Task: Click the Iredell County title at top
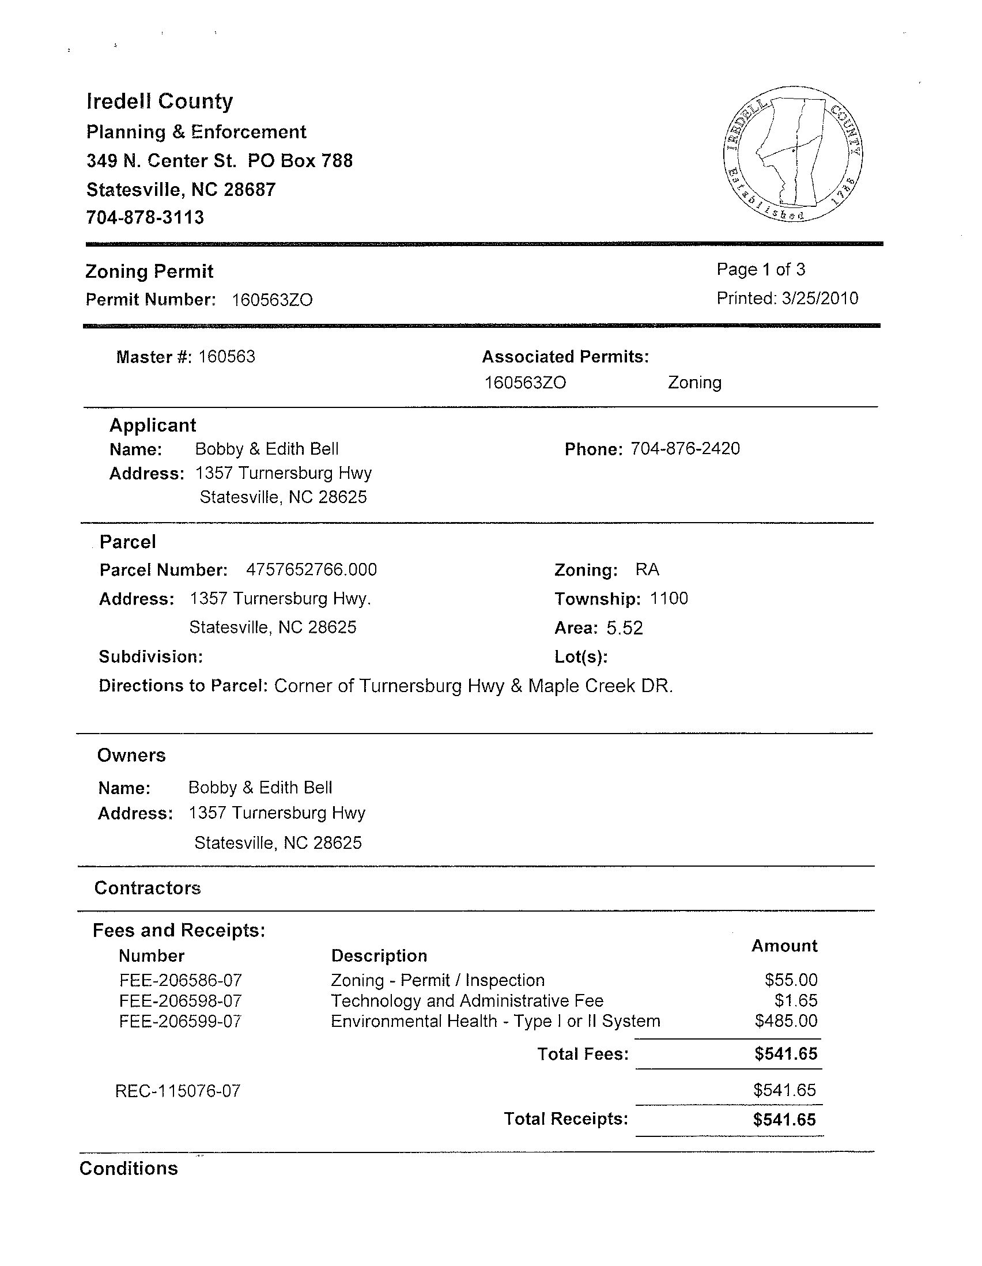click(x=160, y=101)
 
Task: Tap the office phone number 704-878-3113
click(x=145, y=218)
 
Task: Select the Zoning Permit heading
click(x=150, y=271)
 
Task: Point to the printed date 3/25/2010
click(x=819, y=298)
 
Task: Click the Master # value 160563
click(x=226, y=357)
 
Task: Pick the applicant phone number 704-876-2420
click(x=685, y=449)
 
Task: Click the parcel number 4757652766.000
click(x=311, y=570)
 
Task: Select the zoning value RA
click(x=647, y=570)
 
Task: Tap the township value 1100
click(x=669, y=598)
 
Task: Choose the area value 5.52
click(x=625, y=628)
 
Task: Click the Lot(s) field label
click(x=581, y=657)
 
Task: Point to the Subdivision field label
click(x=151, y=657)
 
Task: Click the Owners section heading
click(x=131, y=755)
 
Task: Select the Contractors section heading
click(x=147, y=888)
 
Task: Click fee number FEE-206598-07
click(x=180, y=1001)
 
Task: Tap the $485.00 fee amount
click(x=786, y=1021)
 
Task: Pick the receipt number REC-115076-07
click(x=178, y=1091)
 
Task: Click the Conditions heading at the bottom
click(x=129, y=1169)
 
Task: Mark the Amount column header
click(x=784, y=946)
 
